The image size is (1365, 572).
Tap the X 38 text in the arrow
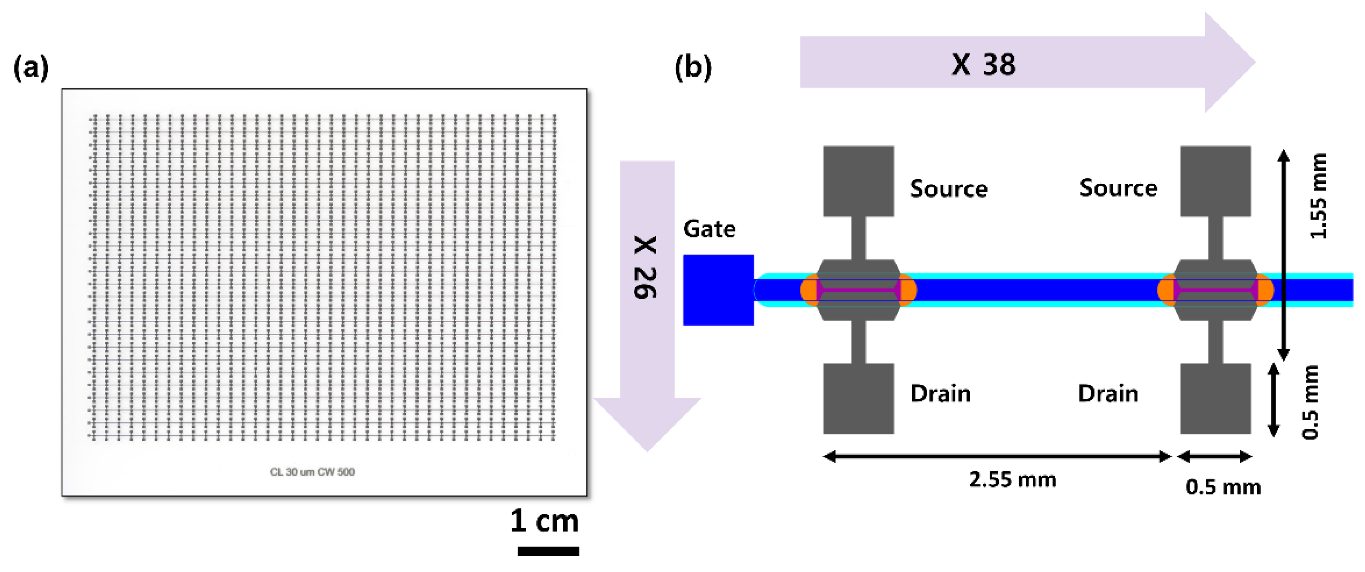983,65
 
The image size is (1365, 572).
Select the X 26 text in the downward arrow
645,267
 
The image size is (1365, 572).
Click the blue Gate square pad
718,290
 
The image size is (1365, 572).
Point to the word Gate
709,229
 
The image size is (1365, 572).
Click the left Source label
948,189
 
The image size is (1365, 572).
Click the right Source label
1118,188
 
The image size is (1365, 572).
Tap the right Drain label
1108,394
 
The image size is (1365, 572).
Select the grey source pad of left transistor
858,181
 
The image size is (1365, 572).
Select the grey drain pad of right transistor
1215,399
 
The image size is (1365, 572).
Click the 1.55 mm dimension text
1319,196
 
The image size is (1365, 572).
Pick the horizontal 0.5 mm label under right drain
1223,487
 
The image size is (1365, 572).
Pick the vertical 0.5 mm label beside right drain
1310,402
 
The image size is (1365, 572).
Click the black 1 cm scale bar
548,551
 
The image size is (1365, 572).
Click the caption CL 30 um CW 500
312,472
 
